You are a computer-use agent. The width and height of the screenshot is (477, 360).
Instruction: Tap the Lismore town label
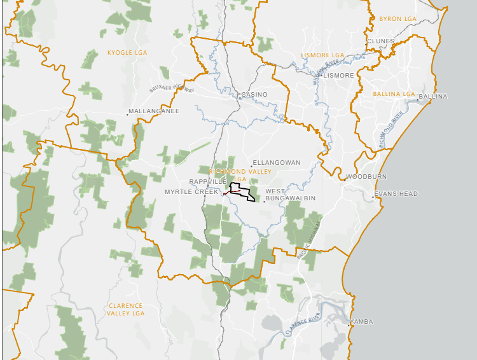click(x=338, y=75)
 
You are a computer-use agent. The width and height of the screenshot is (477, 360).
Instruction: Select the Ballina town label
click(x=434, y=96)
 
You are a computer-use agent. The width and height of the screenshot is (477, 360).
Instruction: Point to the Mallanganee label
click(x=154, y=111)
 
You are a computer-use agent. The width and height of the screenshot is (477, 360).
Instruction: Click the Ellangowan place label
click(x=277, y=163)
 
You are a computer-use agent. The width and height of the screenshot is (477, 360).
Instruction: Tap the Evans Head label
click(x=396, y=193)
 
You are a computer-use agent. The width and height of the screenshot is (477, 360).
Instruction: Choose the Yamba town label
click(x=361, y=322)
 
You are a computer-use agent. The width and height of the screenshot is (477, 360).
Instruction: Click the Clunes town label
click(x=380, y=41)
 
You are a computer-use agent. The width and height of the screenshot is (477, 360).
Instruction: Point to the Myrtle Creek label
click(x=191, y=191)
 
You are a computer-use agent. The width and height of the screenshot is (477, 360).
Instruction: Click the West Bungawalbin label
click(x=284, y=195)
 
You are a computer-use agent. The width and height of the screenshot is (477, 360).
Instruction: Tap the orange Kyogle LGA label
click(x=128, y=53)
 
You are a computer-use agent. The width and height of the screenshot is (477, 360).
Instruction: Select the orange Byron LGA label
click(x=397, y=19)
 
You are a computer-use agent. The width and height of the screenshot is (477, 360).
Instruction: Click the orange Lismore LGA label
click(x=322, y=55)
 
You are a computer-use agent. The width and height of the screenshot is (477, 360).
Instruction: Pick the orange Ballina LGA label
click(x=394, y=94)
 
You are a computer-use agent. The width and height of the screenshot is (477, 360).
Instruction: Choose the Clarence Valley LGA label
click(x=125, y=309)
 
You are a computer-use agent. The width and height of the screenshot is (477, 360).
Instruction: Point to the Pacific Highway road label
click(x=311, y=235)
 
